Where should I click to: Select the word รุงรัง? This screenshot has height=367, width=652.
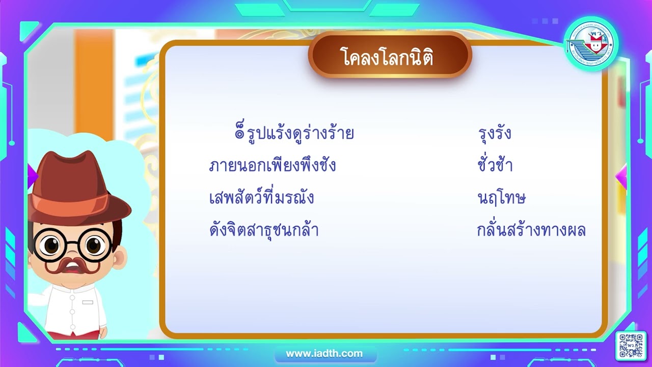[x=495, y=134]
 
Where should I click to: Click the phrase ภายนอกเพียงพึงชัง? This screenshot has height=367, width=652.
[x=273, y=166]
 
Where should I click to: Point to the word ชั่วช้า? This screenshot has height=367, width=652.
[x=495, y=166]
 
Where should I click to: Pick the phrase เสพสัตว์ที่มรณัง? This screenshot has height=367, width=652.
[x=261, y=198]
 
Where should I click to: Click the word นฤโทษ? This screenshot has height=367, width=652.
[x=501, y=198]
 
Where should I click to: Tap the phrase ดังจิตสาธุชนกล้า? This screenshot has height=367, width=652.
[x=264, y=230]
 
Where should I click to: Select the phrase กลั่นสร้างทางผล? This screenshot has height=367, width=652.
[x=531, y=230]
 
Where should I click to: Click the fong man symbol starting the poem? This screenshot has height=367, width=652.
[x=239, y=134]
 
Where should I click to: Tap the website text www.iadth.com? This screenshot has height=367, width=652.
[x=324, y=353]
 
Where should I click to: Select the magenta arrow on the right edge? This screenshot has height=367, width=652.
[x=621, y=176]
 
